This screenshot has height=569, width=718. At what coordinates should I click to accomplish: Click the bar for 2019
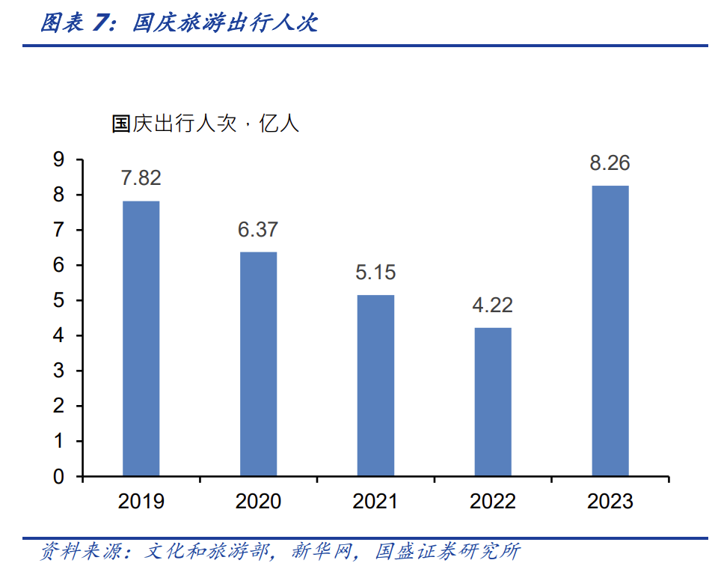141,338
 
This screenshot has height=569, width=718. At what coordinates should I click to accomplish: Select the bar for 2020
258,364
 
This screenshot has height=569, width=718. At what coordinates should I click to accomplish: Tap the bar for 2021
375,386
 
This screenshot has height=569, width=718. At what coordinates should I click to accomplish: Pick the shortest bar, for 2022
493,402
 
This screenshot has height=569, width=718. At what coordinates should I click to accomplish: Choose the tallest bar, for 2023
610,331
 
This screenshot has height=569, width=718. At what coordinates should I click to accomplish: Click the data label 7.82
141,178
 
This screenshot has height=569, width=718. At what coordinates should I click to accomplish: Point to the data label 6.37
258,230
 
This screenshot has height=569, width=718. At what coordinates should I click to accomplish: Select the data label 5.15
375,273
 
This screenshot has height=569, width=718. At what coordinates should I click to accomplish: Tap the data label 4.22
493,305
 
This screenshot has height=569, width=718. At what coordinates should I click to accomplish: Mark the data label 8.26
610,162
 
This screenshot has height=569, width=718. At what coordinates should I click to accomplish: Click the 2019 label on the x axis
141,501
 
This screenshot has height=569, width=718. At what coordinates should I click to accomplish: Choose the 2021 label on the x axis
375,501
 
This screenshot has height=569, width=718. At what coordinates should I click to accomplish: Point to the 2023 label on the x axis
610,501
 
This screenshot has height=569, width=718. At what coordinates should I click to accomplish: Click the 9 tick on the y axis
59,159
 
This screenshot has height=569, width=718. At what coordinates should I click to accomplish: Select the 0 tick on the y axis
59,477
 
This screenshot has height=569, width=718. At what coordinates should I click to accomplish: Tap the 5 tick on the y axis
59,301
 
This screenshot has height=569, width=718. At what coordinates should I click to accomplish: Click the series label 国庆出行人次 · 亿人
205,124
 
